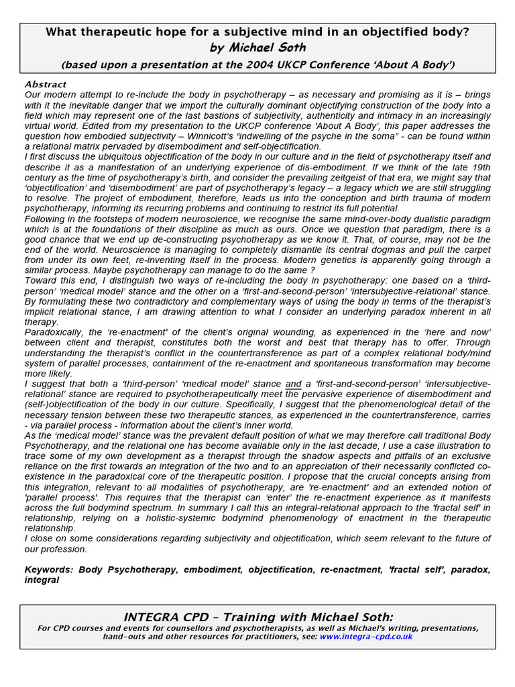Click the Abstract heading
[x=46, y=85]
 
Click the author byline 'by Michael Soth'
[x=257, y=48]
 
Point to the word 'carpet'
[x=474, y=250]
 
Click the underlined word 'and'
[x=293, y=384]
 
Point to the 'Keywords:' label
[x=50, y=570]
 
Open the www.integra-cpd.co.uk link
[x=366, y=637]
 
